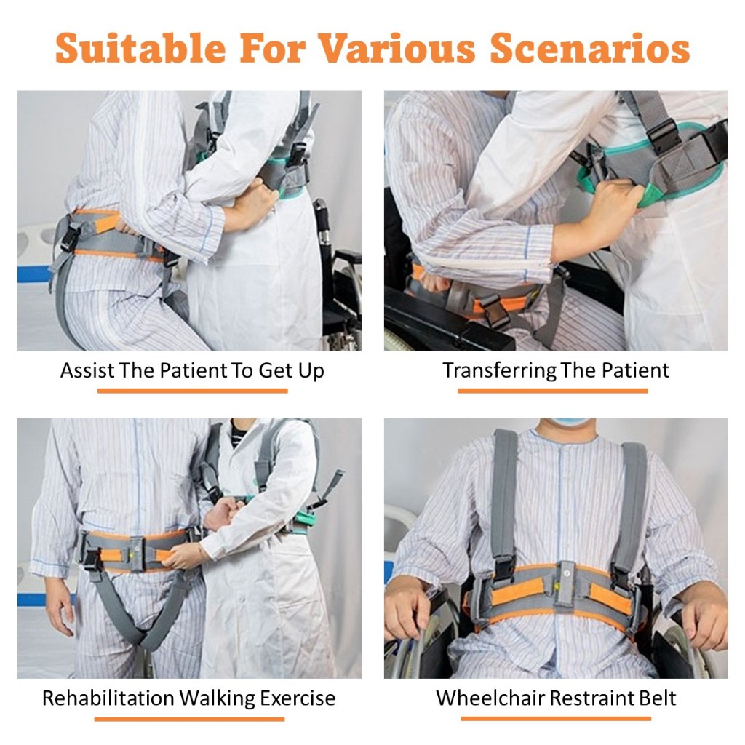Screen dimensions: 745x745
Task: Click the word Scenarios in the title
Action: coord(589,48)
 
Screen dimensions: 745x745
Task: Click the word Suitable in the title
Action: coord(140,48)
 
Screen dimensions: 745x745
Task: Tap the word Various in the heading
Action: coord(397,48)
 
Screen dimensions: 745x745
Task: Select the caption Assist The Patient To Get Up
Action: coord(192,370)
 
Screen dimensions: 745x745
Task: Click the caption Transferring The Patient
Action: coord(556,370)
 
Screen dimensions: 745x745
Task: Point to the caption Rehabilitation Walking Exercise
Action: coord(189,698)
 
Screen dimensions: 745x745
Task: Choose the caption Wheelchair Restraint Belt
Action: coord(556,698)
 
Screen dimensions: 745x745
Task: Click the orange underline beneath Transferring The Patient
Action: coord(553,391)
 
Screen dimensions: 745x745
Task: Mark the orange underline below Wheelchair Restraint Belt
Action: coord(556,718)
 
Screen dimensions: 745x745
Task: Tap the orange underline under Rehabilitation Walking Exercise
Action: coord(190,719)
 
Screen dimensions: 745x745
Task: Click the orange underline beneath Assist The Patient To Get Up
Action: coord(192,391)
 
